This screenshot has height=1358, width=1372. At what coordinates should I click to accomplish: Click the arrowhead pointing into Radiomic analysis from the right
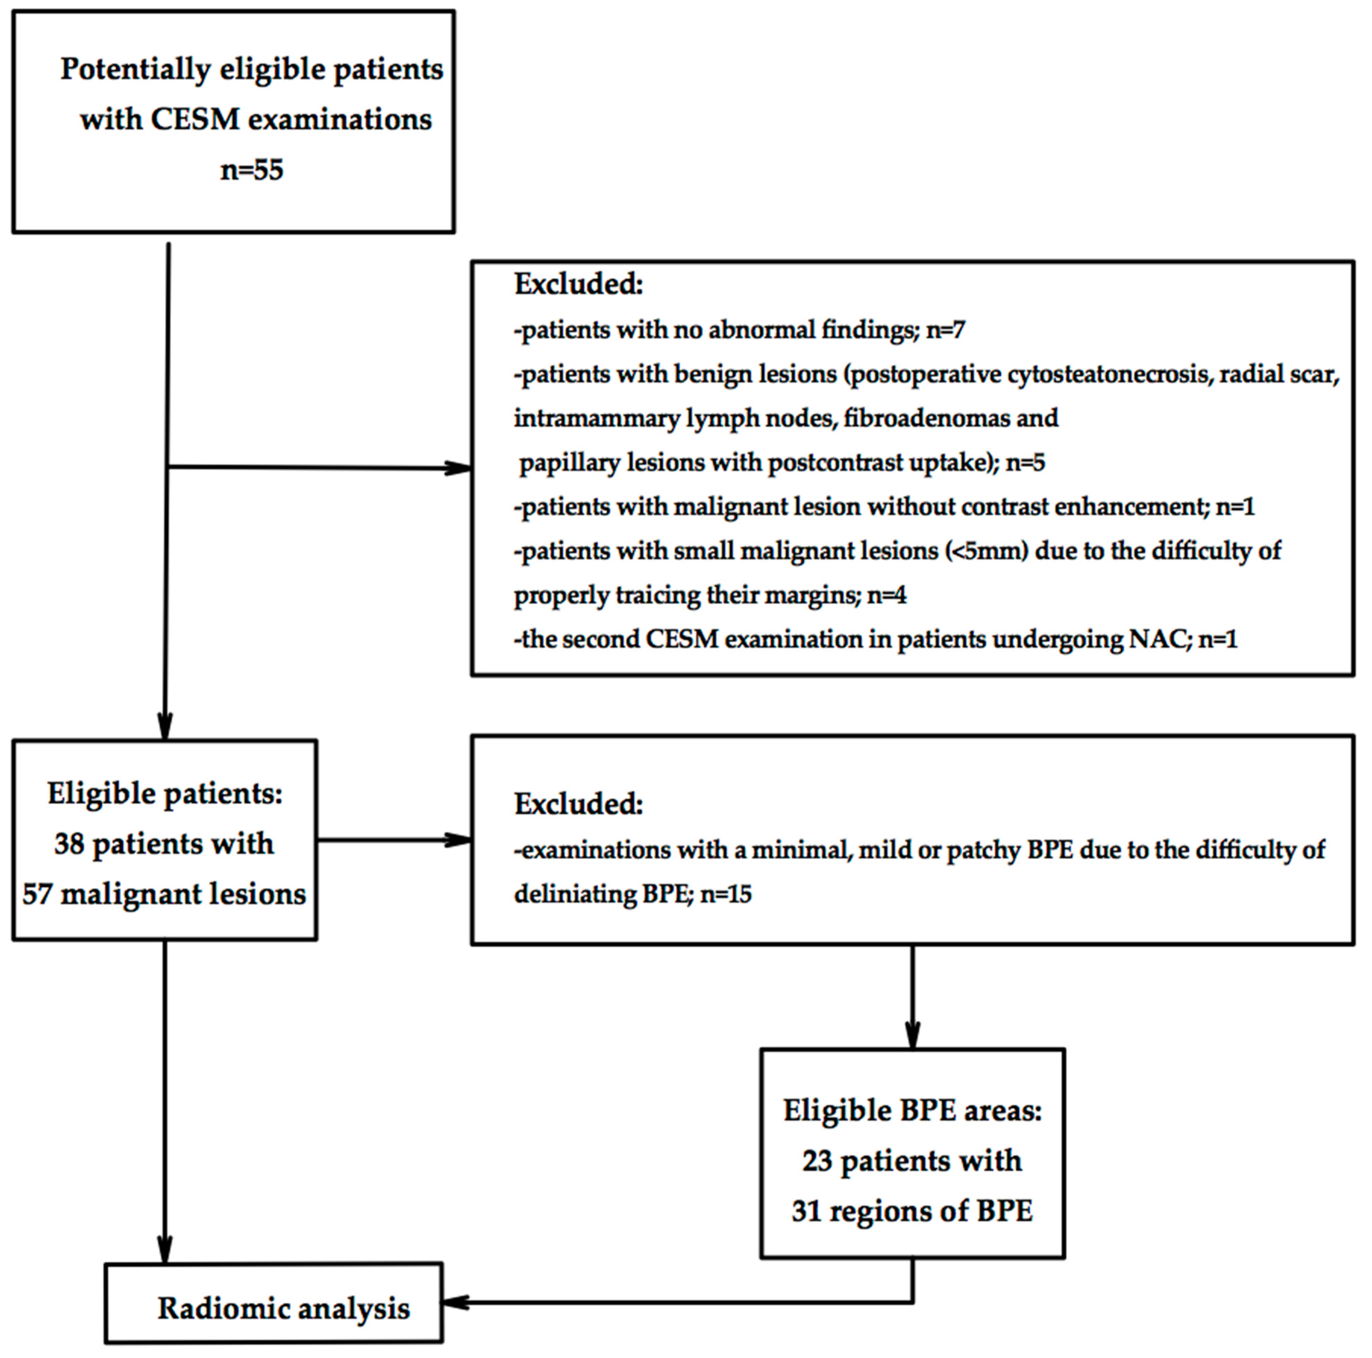pos(455,1303)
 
